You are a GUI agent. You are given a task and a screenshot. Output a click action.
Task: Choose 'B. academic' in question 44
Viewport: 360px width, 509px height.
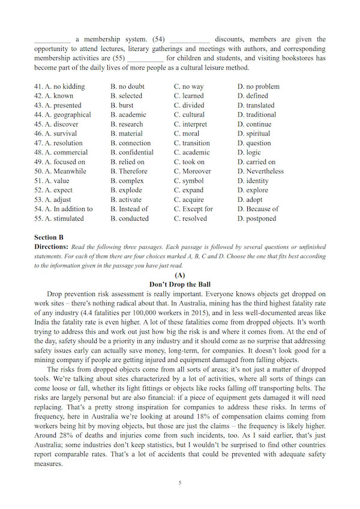point(128,115)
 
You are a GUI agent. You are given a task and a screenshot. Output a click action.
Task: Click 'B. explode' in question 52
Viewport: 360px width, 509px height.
point(127,190)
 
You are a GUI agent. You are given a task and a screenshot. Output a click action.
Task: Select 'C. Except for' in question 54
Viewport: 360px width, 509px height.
point(193,209)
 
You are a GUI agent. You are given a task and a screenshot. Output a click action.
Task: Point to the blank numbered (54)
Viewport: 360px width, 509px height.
point(190,40)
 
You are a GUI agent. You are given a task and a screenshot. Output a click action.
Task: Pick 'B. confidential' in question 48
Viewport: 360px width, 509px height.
point(132,152)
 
